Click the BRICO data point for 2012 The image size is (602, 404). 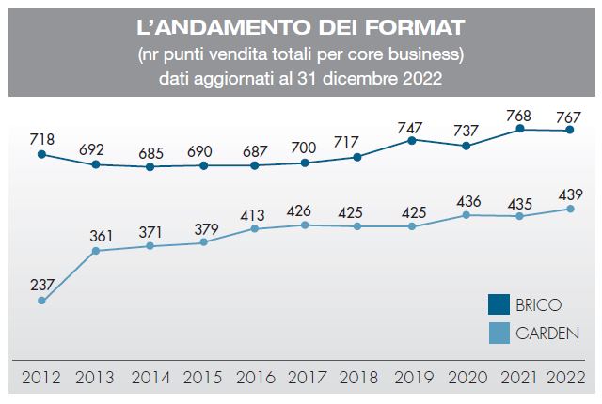[x=42, y=153]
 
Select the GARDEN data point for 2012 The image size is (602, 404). [x=42, y=301]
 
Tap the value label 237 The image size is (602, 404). [x=42, y=284]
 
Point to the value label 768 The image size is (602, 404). [x=520, y=116]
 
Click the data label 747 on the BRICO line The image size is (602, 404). [x=412, y=125]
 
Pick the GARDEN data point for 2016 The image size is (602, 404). [x=254, y=228]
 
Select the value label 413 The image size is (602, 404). [x=254, y=211]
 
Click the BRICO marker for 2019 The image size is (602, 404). [x=412, y=140]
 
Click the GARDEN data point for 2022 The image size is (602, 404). [x=571, y=209]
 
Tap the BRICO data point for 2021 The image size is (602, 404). [x=519, y=130]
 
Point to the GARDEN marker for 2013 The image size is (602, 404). [x=96, y=250]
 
